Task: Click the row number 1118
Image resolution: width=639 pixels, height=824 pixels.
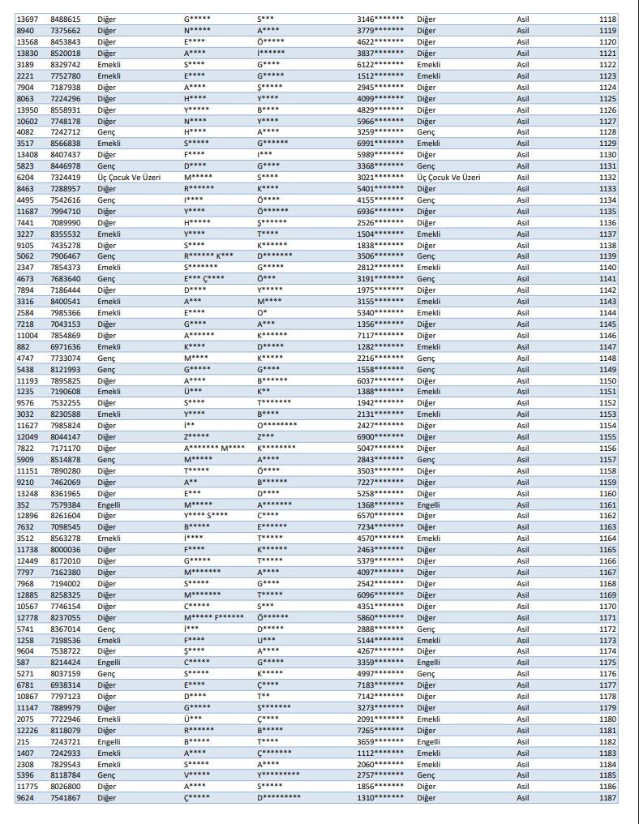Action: click(x=607, y=19)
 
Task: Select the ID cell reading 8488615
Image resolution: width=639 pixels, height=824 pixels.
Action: click(x=65, y=19)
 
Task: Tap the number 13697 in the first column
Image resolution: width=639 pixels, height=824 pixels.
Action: click(x=26, y=19)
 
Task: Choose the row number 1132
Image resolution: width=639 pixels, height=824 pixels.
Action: click(x=607, y=177)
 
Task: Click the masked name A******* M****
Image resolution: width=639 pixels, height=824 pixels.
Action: click(x=214, y=448)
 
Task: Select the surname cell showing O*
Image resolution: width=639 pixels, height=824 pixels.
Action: click(x=262, y=313)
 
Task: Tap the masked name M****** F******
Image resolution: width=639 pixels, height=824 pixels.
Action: click(x=213, y=618)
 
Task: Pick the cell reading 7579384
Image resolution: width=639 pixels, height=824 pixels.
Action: click(x=65, y=504)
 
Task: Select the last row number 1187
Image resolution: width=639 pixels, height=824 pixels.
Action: click(x=607, y=799)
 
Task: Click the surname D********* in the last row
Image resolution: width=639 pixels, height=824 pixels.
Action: click(x=279, y=799)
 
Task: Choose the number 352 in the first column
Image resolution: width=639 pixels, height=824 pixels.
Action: click(x=22, y=504)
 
